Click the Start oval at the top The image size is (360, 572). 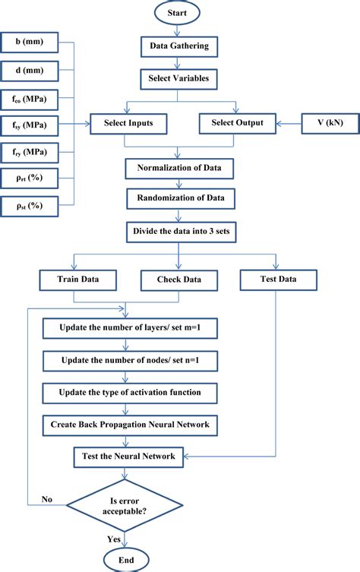click(x=179, y=13)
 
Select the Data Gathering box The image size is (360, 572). click(x=179, y=47)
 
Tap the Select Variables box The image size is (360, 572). click(x=179, y=77)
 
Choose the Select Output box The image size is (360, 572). click(x=236, y=122)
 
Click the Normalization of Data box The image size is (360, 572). click(x=179, y=167)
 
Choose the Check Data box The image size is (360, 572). click(x=179, y=280)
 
